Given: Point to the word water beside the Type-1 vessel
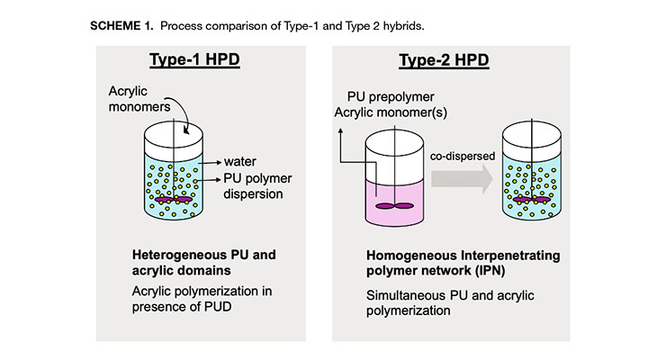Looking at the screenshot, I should (x=240, y=163).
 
